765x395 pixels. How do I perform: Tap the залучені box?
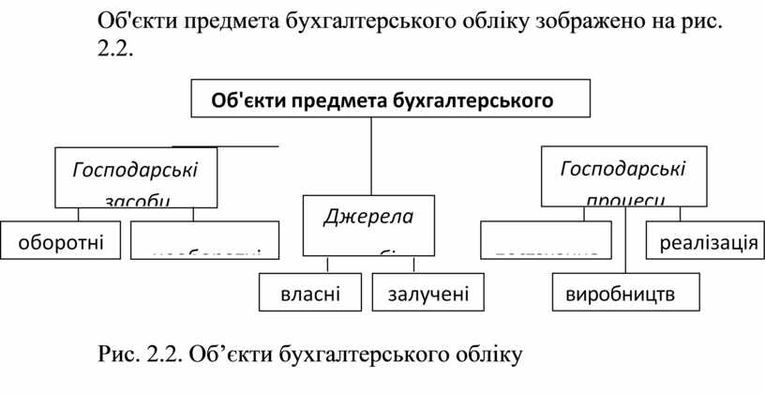click(420, 293)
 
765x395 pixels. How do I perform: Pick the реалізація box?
click(702, 243)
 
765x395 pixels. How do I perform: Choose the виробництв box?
click(625, 293)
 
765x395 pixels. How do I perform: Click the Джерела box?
click(368, 224)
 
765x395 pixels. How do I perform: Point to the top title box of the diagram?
click(391, 99)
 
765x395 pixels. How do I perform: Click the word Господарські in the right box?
click(622, 169)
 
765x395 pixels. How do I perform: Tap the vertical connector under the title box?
click(371, 155)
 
